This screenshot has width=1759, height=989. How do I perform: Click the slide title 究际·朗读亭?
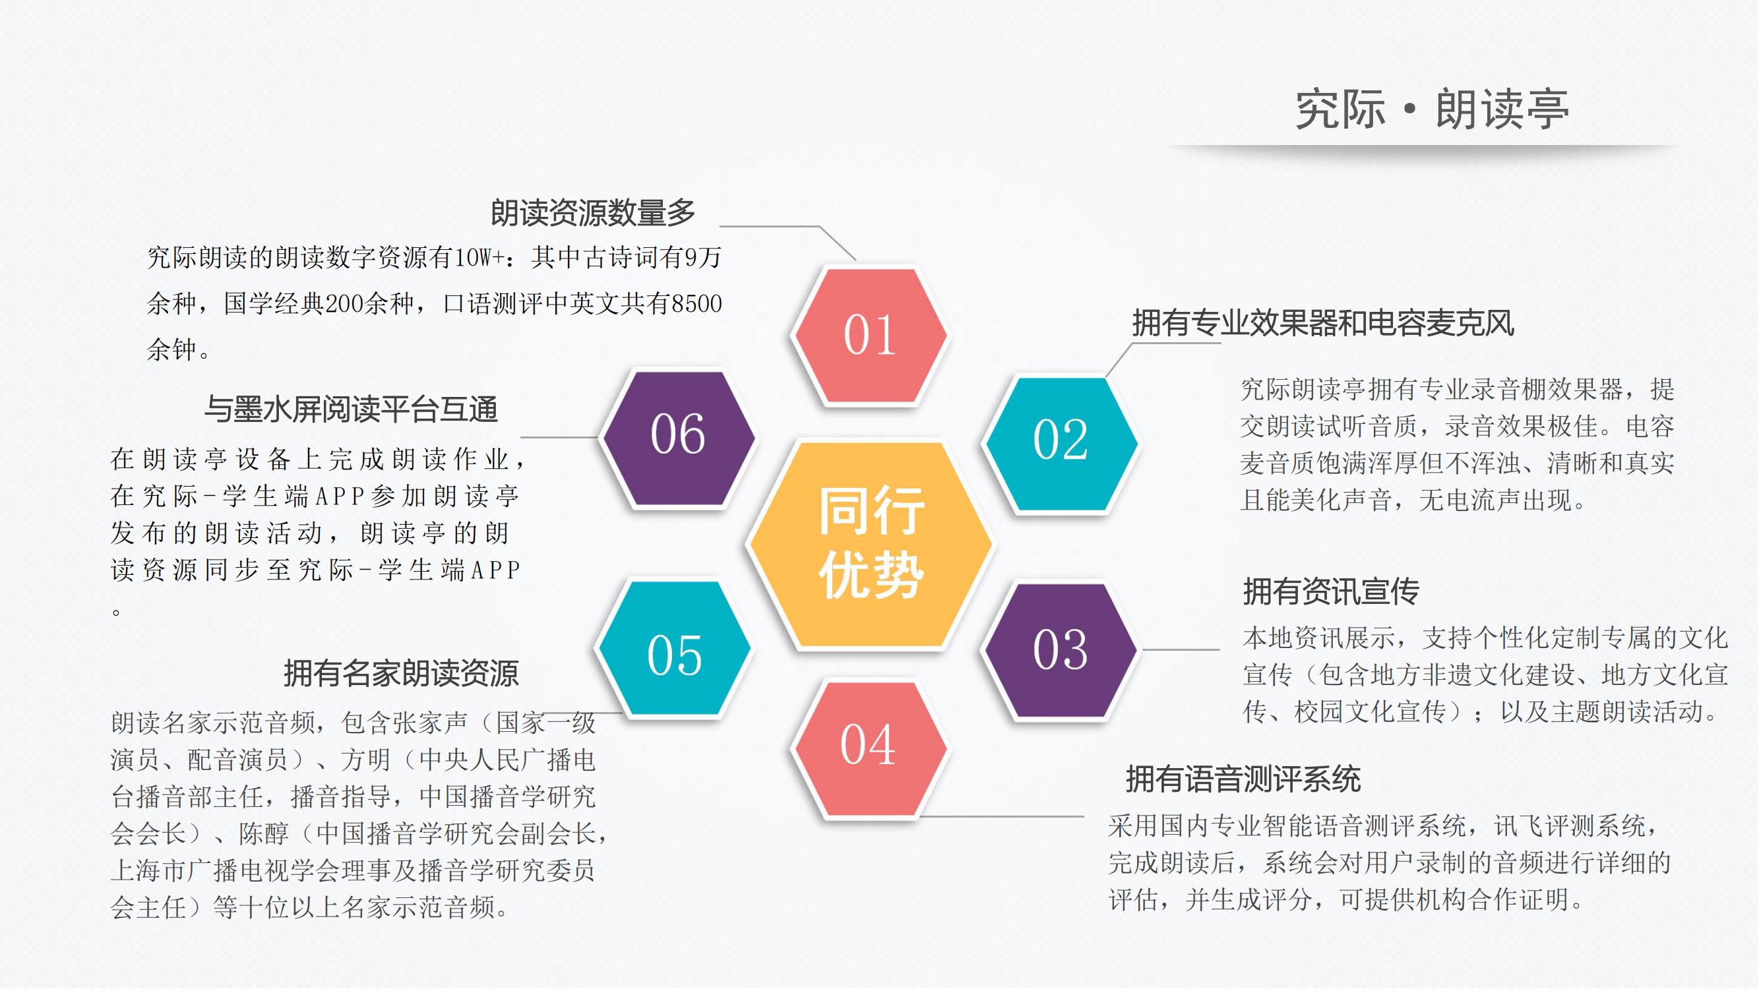click(1432, 109)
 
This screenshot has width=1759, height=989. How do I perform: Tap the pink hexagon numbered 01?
click(869, 335)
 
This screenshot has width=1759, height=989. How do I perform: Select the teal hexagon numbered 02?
click(1060, 444)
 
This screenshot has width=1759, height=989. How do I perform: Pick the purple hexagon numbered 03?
click(1060, 650)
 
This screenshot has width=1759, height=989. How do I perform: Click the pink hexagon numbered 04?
click(869, 749)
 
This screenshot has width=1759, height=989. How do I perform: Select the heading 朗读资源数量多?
click(593, 213)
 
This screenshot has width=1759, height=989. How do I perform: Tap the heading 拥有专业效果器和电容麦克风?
click(1323, 323)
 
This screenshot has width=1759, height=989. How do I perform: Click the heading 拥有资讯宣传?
click(1331, 591)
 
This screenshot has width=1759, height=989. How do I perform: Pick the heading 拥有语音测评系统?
click(1243, 779)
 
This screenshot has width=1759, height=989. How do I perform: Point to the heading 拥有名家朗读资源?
click(402, 674)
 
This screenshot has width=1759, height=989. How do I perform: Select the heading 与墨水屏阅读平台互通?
click(351, 409)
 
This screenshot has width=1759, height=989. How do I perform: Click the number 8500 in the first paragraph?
click(696, 303)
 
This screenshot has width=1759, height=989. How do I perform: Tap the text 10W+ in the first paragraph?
click(480, 257)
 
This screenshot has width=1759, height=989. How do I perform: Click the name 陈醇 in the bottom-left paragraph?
click(264, 833)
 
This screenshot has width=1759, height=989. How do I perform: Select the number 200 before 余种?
click(344, 303)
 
